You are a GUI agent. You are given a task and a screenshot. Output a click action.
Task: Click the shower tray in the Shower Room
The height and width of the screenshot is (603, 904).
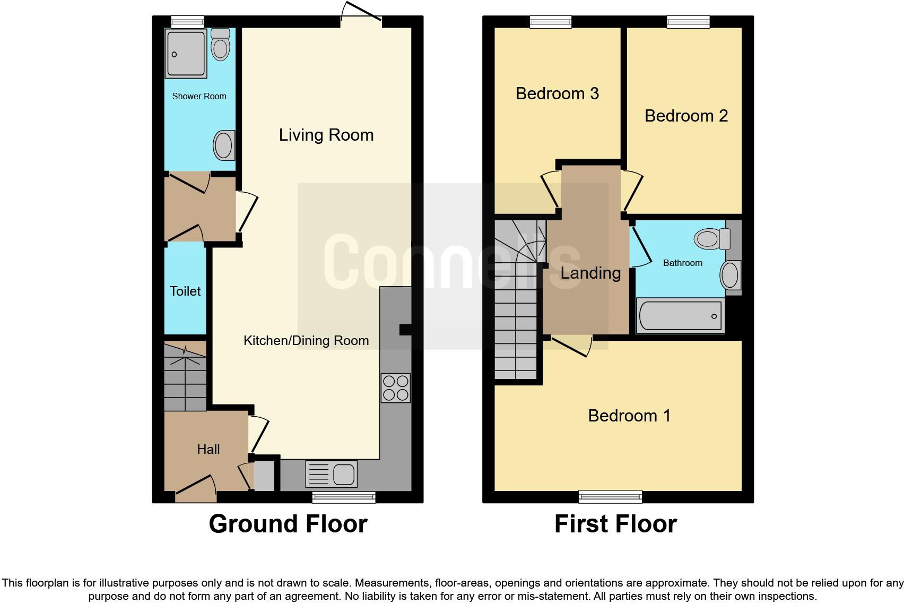pyautogui.click(x=186, y=54)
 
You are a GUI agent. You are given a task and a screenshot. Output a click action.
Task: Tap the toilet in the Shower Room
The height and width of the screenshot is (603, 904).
pyautogui.click(x=220, y=45)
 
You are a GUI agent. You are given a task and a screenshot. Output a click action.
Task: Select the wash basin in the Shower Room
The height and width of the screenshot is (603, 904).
pyautogui.click(x=224, y=145)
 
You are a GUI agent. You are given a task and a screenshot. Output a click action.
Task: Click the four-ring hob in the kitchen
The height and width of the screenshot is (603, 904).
pyautogui.click(x=395, y=388)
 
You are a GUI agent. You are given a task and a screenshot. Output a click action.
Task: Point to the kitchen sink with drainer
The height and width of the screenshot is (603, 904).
pyautogui.click(x=331, y=473)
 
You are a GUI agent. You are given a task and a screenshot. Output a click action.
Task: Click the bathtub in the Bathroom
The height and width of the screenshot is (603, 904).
pyautogui.click(x=680, y=316)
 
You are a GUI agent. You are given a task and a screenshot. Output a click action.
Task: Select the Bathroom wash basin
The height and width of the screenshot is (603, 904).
pyautogui.click(x=730, y=276)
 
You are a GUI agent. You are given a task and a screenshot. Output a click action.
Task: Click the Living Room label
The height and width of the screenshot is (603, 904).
pyautogui.click(x=326, y=135)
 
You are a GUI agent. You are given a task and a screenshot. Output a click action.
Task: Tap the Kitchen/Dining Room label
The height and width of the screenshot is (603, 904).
pyautogui.click(x=306, y=341)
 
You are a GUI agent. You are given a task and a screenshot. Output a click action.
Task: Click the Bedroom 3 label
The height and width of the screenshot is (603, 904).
pyautogui.click(x=557, y=93)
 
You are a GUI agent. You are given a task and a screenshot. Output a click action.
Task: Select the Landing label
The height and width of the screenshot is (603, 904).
pyautogui.click(x=590, y=273)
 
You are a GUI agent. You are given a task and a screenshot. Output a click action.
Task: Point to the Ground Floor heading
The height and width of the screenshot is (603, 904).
pyautogui.click(x=288, y=524)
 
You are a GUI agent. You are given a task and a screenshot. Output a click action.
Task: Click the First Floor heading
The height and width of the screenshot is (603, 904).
pyautogui.click(x=615, y=524)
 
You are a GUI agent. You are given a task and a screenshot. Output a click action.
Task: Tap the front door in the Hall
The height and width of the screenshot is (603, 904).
pyautogui.click(x=196, y=488)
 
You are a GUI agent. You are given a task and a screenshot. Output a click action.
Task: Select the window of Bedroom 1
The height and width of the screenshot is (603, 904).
pyautogui.click(x=610, y=497)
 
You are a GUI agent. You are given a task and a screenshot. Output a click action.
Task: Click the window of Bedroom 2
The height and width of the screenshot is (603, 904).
pyautogui.click(x=688, y=22)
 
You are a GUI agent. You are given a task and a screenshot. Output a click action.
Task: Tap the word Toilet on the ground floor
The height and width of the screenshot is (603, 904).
pyautogui.click(x=185, y=291)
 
